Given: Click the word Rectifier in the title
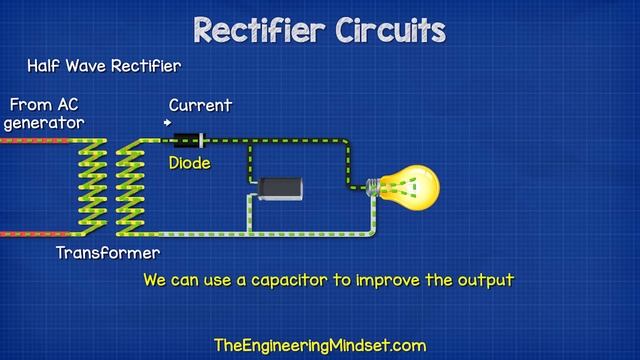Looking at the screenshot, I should (255, 30).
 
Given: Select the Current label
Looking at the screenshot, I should (200, 105).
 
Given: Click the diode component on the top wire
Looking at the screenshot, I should (191, 140).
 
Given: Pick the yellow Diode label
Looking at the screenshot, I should (189, 163).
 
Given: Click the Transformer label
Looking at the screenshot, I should (107, 253).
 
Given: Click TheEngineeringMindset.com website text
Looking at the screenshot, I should (320, 346).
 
